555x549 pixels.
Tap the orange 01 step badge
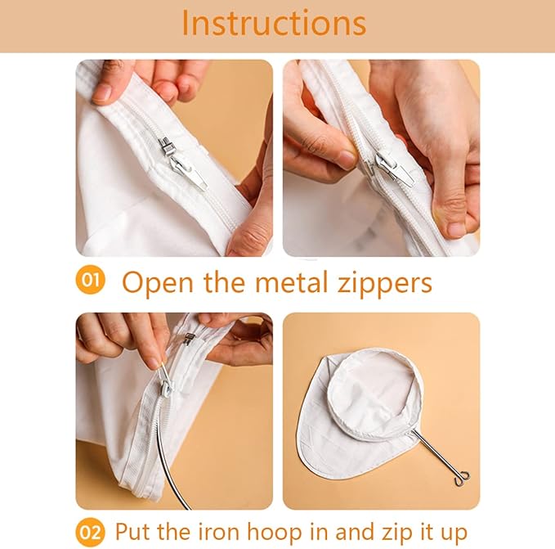[90, 281]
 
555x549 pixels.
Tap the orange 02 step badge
[90, 533]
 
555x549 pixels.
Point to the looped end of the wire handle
[463, 477]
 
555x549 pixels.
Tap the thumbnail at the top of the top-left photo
[102, 92]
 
